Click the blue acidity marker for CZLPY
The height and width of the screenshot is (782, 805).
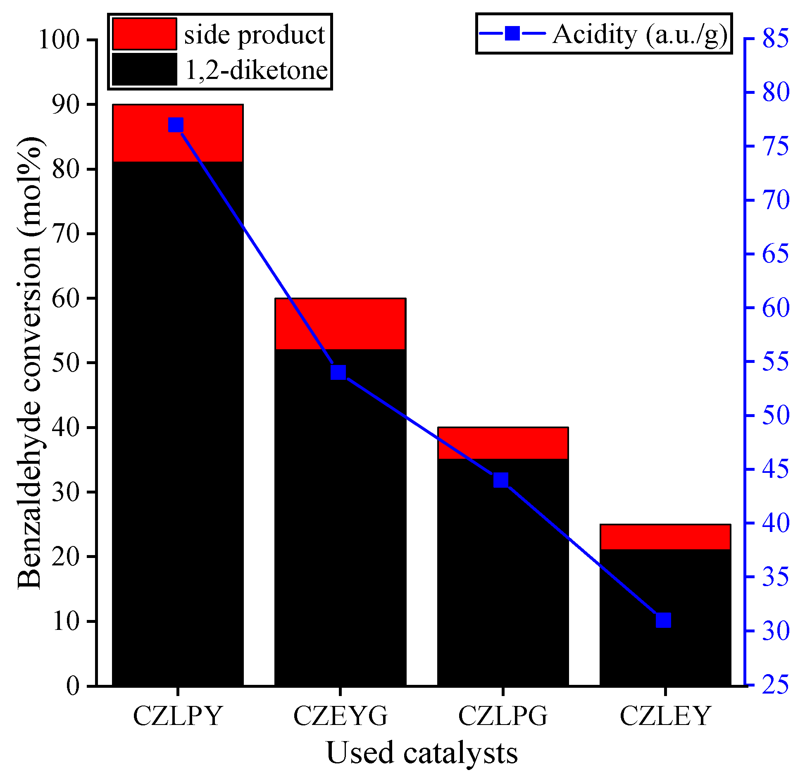pos(176,124)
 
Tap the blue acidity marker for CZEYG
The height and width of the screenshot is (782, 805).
pos(338,372)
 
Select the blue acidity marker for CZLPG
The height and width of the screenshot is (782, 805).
pos(501,480)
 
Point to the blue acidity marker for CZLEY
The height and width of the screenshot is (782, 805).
pos(664,620)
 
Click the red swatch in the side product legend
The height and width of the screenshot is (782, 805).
pos(145,33)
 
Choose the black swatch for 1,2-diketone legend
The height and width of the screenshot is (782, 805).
pos(145,69)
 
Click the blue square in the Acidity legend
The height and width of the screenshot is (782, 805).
pos(512,33)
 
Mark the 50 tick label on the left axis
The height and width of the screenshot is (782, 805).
pos(65,363)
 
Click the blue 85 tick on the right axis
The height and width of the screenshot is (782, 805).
pos(775,38)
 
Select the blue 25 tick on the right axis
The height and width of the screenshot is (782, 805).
pos(775,684)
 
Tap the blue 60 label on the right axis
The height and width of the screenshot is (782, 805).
pos(775,308)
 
